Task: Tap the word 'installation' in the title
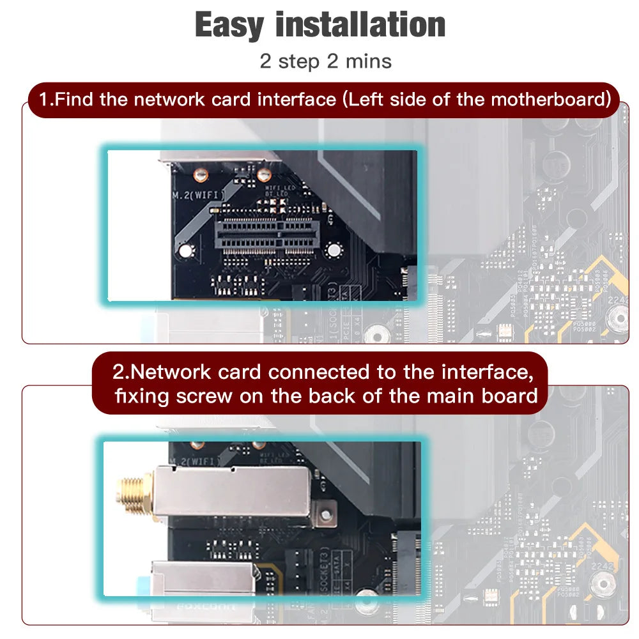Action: pos(360,26)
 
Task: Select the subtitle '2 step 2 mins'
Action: pos(325,61)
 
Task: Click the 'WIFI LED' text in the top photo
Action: pos(277,189)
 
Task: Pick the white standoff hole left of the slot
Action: pos(185,251)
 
